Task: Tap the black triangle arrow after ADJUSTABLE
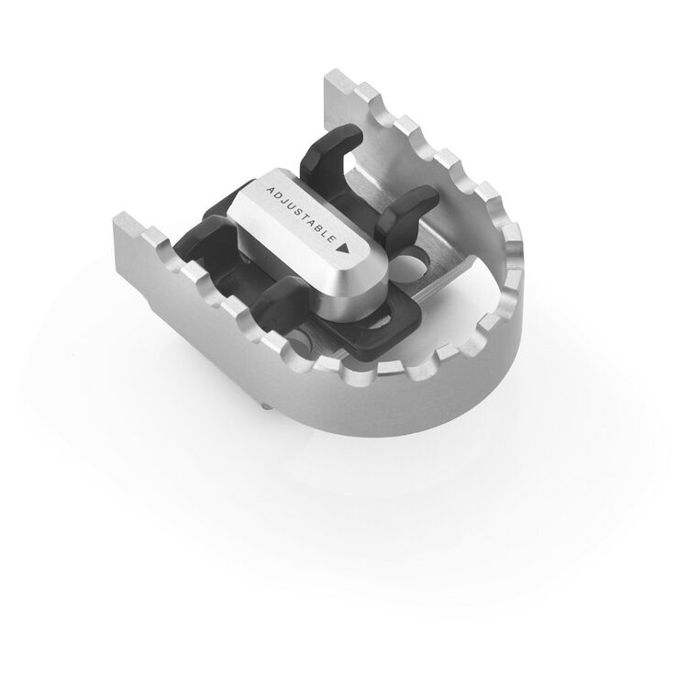tap(343, 248)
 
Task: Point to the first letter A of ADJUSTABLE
tap(270, 191)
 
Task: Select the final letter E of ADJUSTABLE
tap(331, 239)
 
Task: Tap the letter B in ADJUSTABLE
tap(320, 230)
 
